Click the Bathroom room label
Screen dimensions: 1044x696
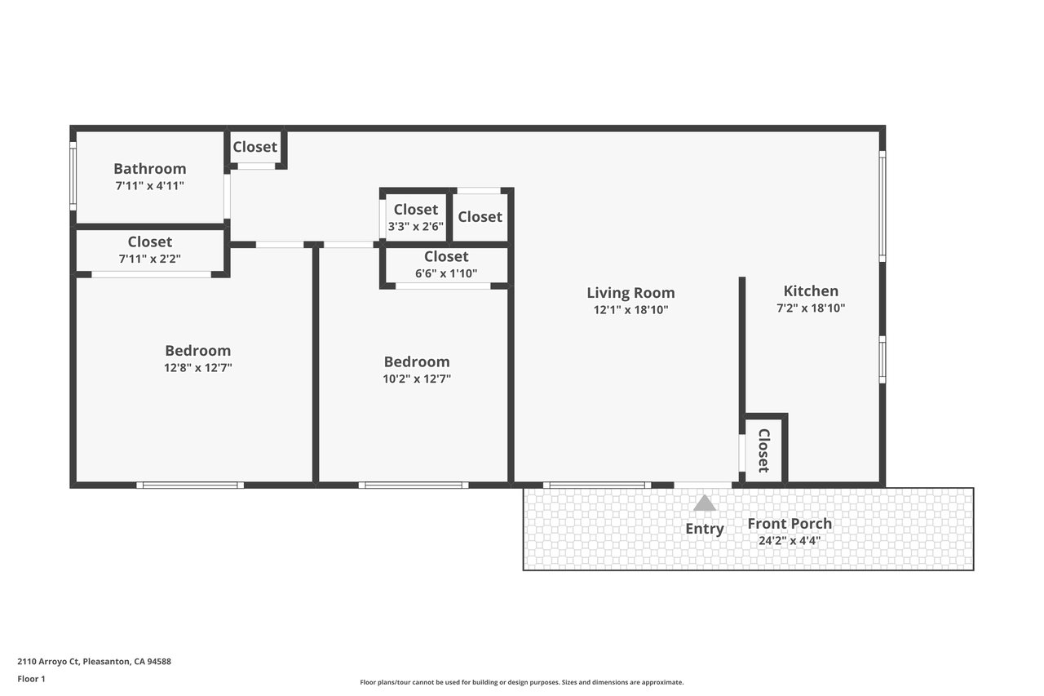149,168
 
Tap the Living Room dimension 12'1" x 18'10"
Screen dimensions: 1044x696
630,310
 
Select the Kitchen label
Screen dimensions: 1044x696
811,291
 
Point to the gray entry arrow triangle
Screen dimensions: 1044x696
704,503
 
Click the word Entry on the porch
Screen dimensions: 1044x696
704,529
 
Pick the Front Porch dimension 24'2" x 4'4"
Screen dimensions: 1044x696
790,541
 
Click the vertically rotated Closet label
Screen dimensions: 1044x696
764,450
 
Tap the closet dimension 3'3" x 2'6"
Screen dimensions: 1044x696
416,227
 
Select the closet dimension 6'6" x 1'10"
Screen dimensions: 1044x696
446,273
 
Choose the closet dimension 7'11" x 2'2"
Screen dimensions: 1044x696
149,259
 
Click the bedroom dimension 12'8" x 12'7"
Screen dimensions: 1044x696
197,368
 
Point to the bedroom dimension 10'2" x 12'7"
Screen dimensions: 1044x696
417,379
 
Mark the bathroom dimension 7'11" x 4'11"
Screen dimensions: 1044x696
149,186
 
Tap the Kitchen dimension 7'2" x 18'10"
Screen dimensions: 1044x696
811,308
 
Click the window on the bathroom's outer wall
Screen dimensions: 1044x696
73,176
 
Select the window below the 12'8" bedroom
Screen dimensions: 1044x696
190,485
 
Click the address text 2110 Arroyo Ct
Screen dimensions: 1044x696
48,662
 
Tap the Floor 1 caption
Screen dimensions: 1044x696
31,679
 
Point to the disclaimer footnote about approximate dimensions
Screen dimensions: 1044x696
521,682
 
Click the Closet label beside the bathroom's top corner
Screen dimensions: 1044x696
255,147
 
